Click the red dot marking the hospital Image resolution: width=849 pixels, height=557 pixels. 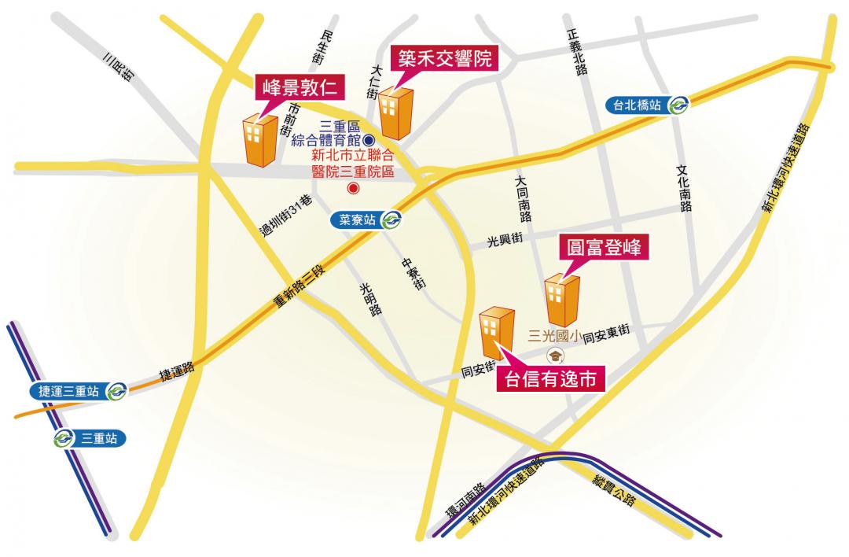coord(353,188)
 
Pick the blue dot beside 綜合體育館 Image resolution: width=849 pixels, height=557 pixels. coord(367,140)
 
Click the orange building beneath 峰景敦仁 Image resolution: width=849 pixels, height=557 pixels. coord(260,140)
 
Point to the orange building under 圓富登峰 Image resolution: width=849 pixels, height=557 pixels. coord(563,300)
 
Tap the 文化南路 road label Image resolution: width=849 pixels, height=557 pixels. coord(683,188)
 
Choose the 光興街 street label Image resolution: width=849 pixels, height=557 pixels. coord(505,239)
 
